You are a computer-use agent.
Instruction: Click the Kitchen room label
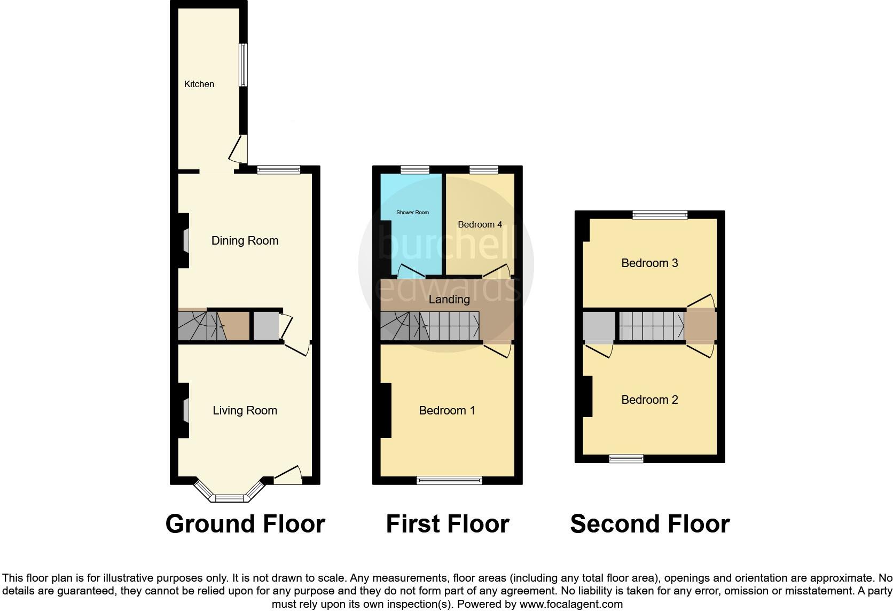(199, 84)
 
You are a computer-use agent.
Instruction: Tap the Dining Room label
(245, 240)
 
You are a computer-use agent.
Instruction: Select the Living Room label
(245, 410)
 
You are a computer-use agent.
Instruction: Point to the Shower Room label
(412, 213)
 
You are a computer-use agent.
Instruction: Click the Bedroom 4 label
(480, 224)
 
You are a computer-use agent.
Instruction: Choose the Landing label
(449, 299)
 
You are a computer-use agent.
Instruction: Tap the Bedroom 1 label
(446, 410)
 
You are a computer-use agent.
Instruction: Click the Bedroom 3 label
(649, 263)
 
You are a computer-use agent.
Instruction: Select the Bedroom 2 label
(649, 399)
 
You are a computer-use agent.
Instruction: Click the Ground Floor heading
(245, 524)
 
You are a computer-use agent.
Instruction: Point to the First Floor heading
(447, 524)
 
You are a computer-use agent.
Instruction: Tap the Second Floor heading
(649, 524)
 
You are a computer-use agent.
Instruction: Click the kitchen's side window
(243, 65)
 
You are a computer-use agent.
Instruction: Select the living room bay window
(229, 498)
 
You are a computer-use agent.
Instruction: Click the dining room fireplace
(185, 240)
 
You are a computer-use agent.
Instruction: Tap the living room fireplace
(185, 410)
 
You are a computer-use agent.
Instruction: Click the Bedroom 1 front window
(449, 481)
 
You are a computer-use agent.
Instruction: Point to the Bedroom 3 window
(660, 215)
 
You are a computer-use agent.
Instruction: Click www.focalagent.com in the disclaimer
(570, 605)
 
